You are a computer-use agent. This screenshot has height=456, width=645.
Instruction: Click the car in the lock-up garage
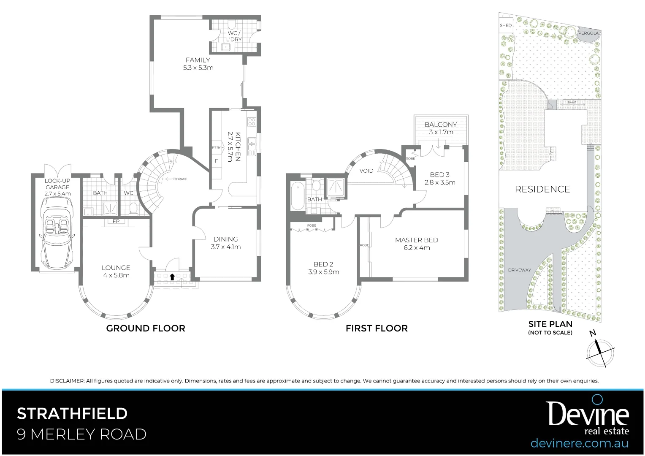57,234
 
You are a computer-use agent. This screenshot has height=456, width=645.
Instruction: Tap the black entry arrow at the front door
172,277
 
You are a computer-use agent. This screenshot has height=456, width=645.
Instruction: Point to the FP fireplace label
116,221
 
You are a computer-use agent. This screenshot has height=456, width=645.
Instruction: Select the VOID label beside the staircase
366,171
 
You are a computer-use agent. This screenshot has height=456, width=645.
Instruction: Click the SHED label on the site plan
506,25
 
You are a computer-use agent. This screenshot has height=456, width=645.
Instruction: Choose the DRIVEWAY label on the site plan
520,270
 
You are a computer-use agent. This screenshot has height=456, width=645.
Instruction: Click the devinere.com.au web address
579,443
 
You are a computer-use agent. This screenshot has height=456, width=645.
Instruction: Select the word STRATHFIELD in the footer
72,413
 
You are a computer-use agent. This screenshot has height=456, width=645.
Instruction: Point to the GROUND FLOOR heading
146,328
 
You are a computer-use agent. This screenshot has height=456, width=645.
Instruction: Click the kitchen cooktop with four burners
252,122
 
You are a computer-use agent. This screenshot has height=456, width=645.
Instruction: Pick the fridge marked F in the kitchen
217,161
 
